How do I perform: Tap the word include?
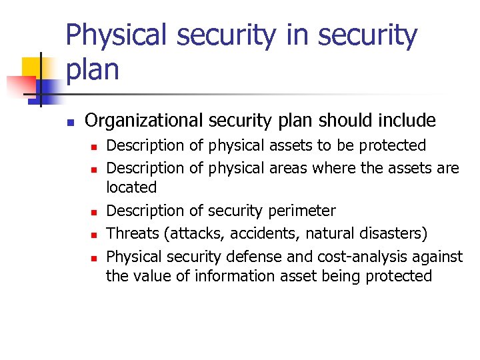(406, 121)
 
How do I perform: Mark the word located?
(131, 188)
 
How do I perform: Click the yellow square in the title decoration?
(32, 67)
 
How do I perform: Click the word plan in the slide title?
(93, 69)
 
